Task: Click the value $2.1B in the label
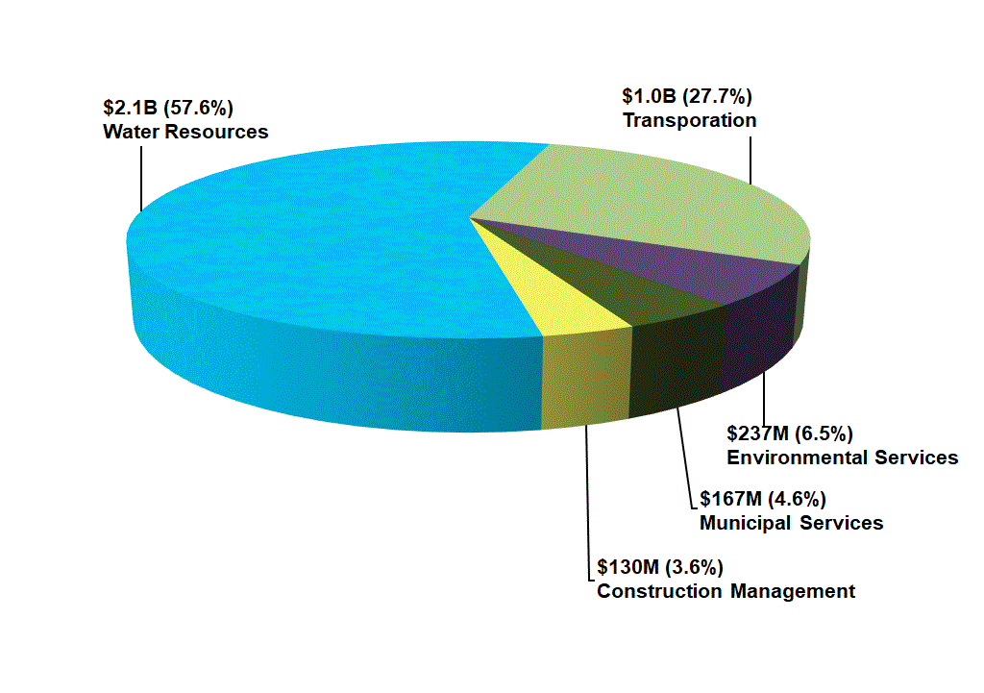[130, 108]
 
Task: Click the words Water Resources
[185, 132]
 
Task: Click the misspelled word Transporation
[689, 120]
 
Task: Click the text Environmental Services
[842, 457]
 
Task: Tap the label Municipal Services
[791, 523]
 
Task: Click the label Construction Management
[726, 590]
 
